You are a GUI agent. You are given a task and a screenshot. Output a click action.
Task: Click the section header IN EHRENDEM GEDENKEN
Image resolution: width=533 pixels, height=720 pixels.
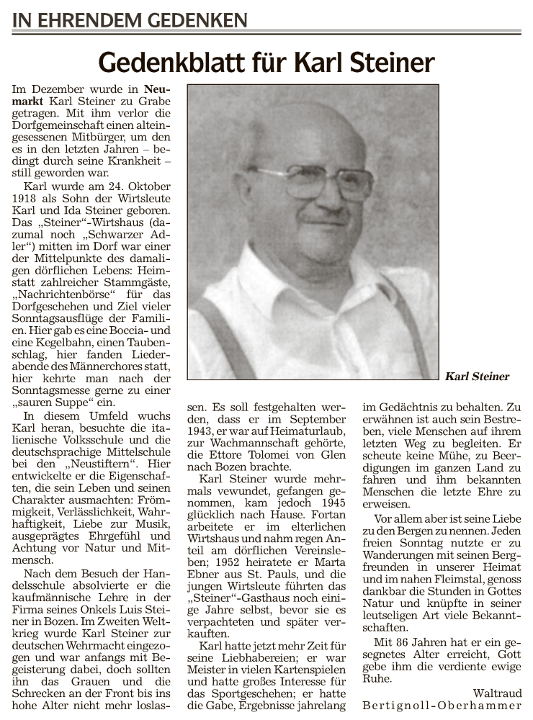pos(130,20)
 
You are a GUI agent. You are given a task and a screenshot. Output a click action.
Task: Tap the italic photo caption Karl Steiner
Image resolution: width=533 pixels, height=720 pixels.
pos(477,377)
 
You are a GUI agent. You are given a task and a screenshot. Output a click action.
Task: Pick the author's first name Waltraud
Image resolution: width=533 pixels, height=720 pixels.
pos(497,693)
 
